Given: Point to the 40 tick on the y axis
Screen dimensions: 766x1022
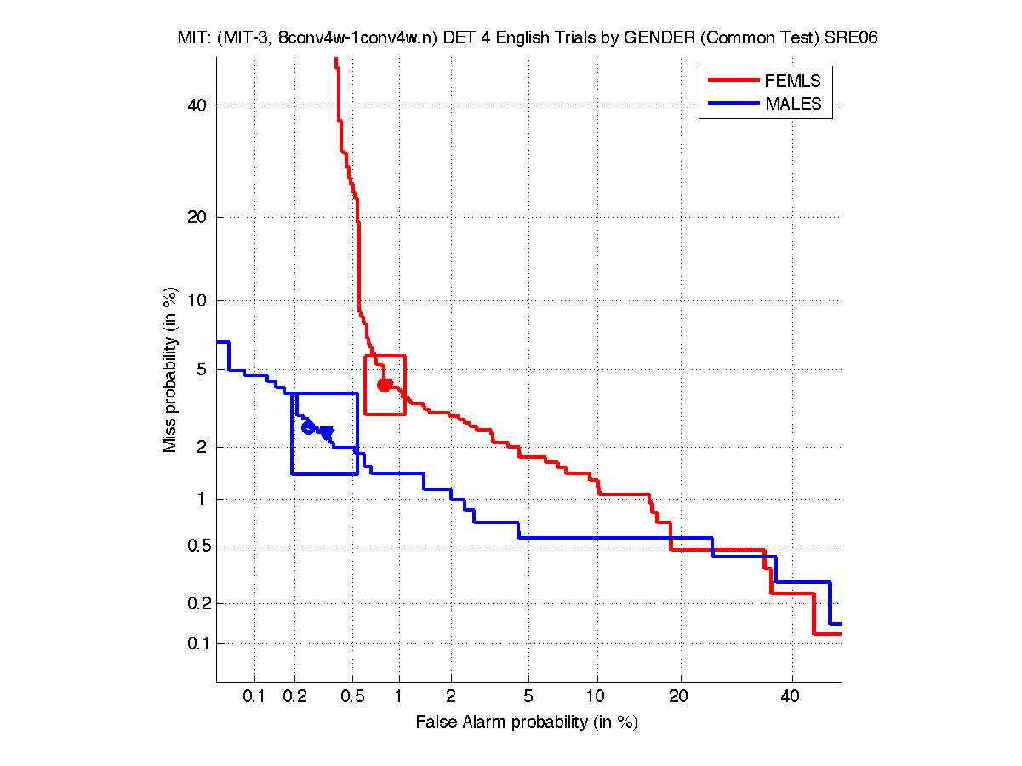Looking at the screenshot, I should tap(198, 106).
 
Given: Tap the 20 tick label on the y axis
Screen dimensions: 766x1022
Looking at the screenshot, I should tap(198, 217).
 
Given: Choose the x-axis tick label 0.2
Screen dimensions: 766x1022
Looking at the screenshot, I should tap(294, 697).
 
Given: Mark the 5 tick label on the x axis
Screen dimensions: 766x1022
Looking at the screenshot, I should tap(528, 697).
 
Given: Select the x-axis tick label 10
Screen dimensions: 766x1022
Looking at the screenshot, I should tap(597, 697).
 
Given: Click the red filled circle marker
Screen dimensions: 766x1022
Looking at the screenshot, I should tap(384, 386).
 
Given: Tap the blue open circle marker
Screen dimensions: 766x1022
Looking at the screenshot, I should tap(308, 427).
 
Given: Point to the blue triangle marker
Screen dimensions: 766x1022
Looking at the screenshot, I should tap(327, 433).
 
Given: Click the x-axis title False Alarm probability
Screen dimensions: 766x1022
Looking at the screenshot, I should tap(527, 723).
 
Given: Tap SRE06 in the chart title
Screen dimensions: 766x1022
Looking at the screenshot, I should tap(852, 37).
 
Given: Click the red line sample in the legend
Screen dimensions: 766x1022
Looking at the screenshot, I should tap(733, 81).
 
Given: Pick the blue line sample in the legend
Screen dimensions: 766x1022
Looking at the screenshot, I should tap(733, 104).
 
